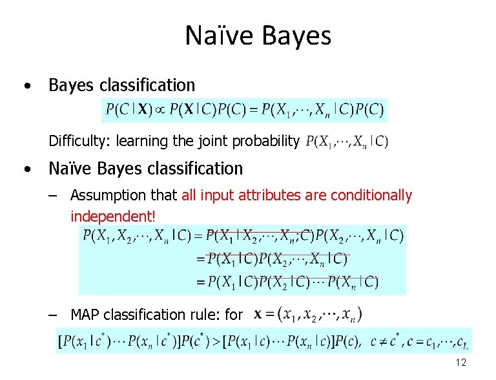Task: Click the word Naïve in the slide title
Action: (x=219, y=36)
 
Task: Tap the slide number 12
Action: (x=461, y=363)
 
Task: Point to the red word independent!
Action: (x=113, y=216)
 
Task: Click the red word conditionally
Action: (x=371, y=195)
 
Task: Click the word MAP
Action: (x=85, y=315)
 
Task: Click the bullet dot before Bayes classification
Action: (x=28, y=85)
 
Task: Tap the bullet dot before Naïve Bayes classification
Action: (x=28, y=169)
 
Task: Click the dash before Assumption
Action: (x=53, y=196)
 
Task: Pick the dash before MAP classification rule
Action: (x=53, y=315)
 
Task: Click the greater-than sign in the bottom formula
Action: (x=216, y=342)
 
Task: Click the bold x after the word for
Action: (x=258, y=315)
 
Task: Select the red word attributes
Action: (x=269, y=195)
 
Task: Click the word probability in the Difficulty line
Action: (x=265, y=142)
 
